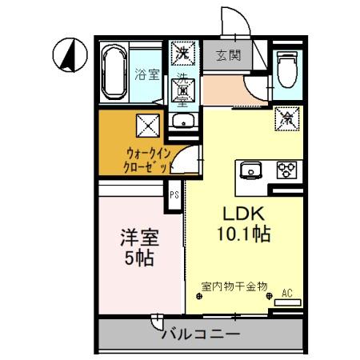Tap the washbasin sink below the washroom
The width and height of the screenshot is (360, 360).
click(x=183, y=122)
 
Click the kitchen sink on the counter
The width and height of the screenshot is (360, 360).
click(x=251, y=169)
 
